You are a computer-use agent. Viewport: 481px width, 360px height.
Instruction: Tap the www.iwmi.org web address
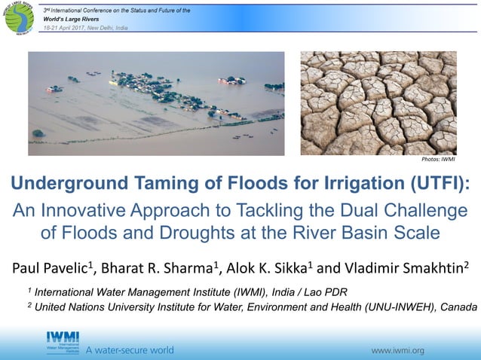click(x=399, y=350)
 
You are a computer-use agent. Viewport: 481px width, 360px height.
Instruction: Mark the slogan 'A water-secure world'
click(x=129, y=350)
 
